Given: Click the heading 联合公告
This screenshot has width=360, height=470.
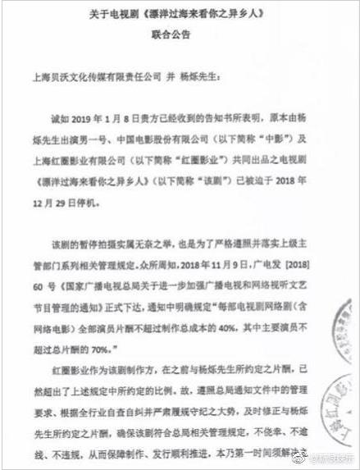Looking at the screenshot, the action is (178, 36).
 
